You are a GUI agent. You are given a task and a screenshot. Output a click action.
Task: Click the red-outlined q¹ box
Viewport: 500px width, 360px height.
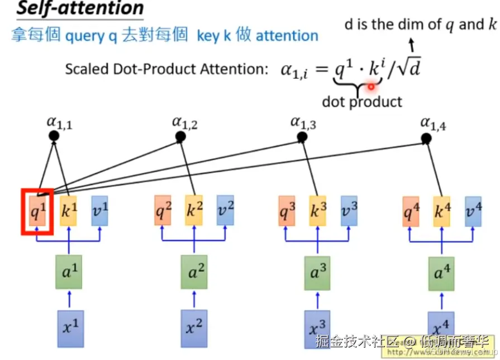(x=37, y=211)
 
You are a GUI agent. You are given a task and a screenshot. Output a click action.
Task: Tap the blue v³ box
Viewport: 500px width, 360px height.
(x=349, y=211)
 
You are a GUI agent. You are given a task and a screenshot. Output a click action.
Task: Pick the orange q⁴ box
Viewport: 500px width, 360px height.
(x=411, y=211)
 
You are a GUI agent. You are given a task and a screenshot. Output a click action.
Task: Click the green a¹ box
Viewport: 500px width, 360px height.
(x=69, y=273)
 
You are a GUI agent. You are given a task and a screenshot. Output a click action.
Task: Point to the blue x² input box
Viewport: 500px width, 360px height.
(x=193, y=327)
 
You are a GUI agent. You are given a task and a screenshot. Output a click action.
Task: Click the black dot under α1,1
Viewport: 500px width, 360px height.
(x=54, y=136)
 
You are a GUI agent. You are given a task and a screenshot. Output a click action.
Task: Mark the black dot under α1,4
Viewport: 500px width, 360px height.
(x=426, y=138)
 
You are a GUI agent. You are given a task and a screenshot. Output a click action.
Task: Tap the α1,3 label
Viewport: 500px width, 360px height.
(x=303, y=122)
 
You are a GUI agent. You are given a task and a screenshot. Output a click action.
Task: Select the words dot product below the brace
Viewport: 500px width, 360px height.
(x=362, y=102)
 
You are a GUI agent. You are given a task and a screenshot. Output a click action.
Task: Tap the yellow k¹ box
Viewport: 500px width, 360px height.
(x=69, y=211)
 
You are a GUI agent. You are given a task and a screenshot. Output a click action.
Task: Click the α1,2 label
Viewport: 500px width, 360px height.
(x=184, y=122)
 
